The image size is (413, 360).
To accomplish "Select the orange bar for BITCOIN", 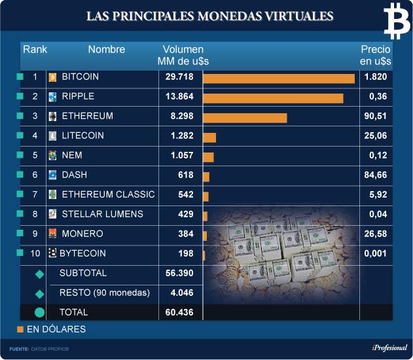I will (279, 79).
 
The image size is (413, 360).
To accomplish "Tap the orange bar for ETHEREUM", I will (245, 118).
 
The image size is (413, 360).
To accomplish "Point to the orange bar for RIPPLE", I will (273, 98).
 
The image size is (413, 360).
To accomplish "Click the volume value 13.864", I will (180, 96).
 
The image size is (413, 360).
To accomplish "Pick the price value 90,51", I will (375, 116).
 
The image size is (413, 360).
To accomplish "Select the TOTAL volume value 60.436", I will (180, 312).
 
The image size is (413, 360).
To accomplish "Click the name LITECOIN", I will (82, 135).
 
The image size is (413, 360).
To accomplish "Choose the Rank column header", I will (35, 49).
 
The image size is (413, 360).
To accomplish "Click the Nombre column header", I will (106, 49).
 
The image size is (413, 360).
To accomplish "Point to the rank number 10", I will (35, 253).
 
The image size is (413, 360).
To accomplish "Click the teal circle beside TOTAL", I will (39, 313).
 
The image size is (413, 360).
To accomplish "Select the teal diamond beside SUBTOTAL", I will (39, 274).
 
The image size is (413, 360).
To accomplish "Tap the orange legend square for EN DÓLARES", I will (20, 329).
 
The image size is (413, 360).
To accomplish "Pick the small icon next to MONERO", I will (53, 234).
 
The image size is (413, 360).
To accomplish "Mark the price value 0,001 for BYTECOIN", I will (375, 253).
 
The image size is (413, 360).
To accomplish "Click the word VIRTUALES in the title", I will (289, 16).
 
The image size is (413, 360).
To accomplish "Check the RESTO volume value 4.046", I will (180, 293).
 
